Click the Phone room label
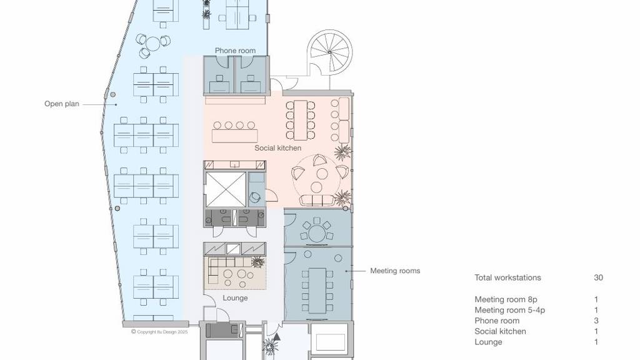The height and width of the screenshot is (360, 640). pyautogui.click(x=235, y=51)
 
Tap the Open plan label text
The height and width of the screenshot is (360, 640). pyautogui.click(x=62, y=104)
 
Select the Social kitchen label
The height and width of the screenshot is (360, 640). pyautogui.click(x=278, y=147)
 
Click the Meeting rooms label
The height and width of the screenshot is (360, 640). pyautogui.click(x=395, y=271)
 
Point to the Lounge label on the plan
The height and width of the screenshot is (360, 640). pyautogui.click(x=235, y=298)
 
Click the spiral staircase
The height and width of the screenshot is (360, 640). pyautogui.click(x=329, y=52)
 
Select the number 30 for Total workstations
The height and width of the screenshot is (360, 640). pyautogui.click(x=598, y=277)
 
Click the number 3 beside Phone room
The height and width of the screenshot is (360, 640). pyautogui.click(x=596, y=321)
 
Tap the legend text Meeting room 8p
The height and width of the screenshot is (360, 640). pyautogui.click(x=506, y=299)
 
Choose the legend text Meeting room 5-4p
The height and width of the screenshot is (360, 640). pyautogui.click(x=510, y=310)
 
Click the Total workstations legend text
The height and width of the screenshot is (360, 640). pyautogui.click(x=507, y=277)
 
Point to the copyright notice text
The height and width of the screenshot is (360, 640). pyautogui.click(x=159, y=332)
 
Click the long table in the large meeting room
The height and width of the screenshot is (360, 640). pyautogui.click(x=317, y=291)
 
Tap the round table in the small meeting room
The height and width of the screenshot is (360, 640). pyautogui.click(x=317, y=234)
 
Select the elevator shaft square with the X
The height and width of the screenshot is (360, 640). pyautogui.click(x=226, y=189)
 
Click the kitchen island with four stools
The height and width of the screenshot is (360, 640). pyautogui.click(x=235, y=136)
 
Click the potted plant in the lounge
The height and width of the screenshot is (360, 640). pyautogui.click(x=257, y=262)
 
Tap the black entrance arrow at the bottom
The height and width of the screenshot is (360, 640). pyautogui.click(x=277, y=337)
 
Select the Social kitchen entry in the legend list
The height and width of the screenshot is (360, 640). pyautogui.click(x=500, y=331)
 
